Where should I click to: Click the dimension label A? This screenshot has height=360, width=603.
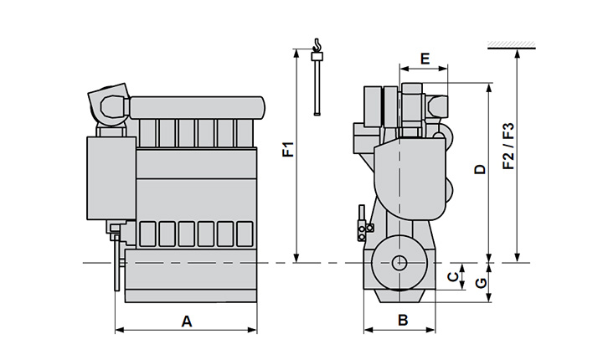click(187, 320)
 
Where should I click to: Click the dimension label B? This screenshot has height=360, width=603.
click(403, 320)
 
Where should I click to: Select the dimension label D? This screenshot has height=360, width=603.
click(479, 170)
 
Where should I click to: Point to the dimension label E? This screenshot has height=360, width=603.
click(425, 59)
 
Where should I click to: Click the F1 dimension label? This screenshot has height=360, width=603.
click(286, 152)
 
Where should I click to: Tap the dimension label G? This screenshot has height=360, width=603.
click(480, 282)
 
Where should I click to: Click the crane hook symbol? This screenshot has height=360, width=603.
click(317, 45)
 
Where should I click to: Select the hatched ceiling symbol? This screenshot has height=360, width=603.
click(513, 44)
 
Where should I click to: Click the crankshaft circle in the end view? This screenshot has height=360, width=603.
click(400, 262)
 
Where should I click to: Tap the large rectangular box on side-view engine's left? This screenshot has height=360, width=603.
click(111, 177)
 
